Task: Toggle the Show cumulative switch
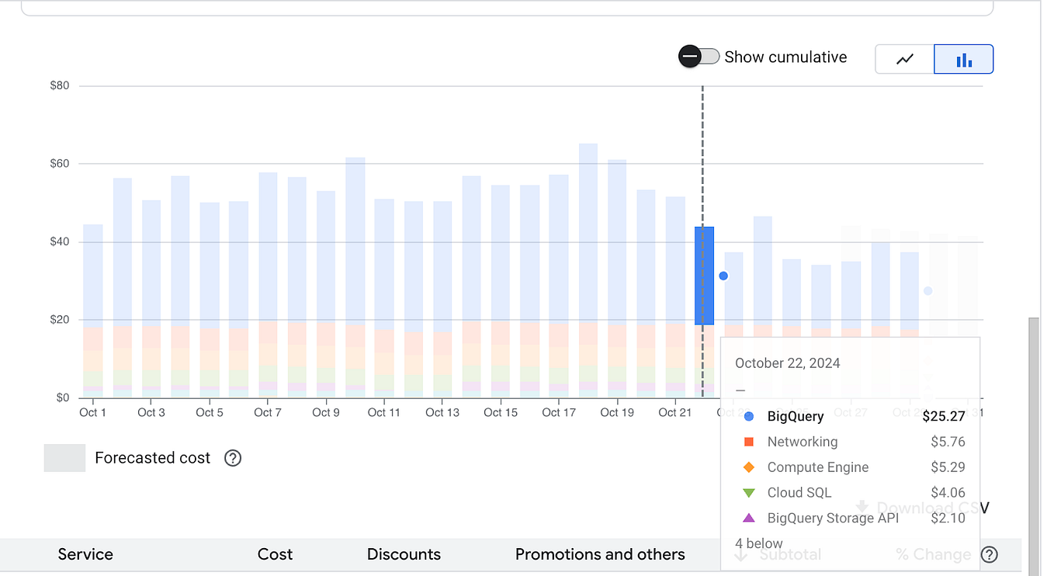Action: [x=699, y=57]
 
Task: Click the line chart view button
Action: [x=905, y=59]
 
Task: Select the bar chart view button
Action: [x=964, y=59]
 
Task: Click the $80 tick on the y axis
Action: [x=60, y=85]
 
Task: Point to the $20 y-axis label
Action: [x=60, y=320]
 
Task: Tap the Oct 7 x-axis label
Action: [x=268, y=412]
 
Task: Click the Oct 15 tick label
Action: [x=501, y=412]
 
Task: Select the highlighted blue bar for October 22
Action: [x=704, y=276]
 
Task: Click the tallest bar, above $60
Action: [x=588, y=233]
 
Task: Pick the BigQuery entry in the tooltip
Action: [x=795, y=417]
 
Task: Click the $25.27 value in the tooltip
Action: [x=944, y=417]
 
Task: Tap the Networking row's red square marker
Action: [x=749, y=442]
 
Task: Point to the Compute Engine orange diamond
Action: [x=749, y=467]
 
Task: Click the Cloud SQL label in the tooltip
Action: [x=799, y=493]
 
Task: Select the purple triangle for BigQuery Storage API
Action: [x=749, y=518]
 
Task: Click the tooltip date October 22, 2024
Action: [x=787, y=363]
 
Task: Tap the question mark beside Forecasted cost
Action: [x=233, y=458]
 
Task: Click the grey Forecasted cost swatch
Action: [x=64, y=458]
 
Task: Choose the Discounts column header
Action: [x=404, y=554]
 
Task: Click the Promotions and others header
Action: [x=600, y=554]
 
